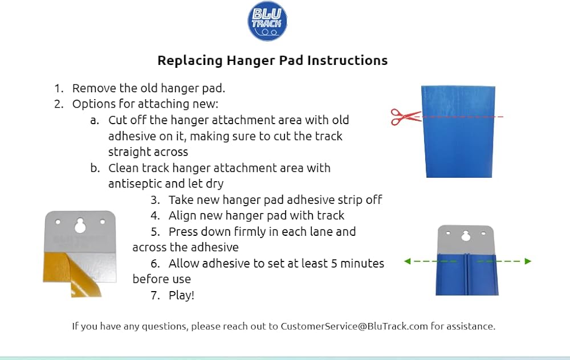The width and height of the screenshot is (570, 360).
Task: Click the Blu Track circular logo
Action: pyautogui.click(x=267, y=21)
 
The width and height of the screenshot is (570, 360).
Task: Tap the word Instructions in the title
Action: pyautogui.click(x=347, y=60)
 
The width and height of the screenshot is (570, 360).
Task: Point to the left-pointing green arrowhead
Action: pyautogui.click(x=408, y=261)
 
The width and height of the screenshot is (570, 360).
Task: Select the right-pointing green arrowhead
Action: pyautogui.click(x=528, y=261)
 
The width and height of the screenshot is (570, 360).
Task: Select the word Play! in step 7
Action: pyautogui.click(x=181, y=295)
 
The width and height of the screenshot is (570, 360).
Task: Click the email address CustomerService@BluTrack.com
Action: pyautogui.click(x=354, y=326)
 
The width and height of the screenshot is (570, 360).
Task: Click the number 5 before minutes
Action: pyautogui.click(x=334, y=263)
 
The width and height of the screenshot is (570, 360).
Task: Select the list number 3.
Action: pyautogui.click(x=155, y=200)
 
